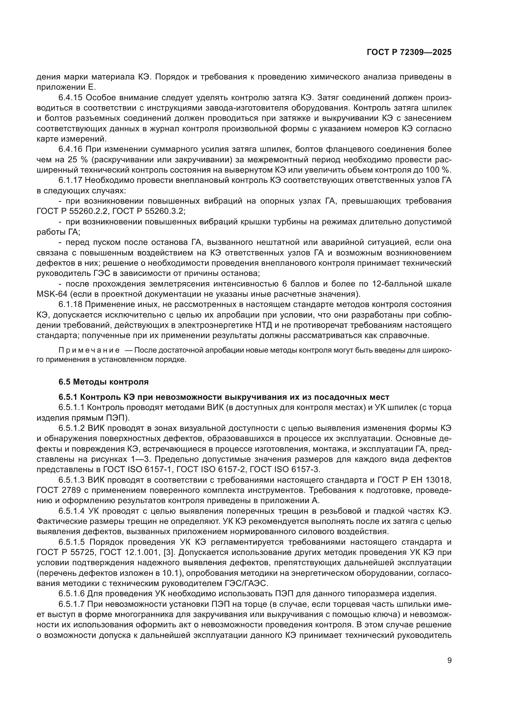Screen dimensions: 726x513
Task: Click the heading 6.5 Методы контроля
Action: (103, 382)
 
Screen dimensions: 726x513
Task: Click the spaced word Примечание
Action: (89, 350)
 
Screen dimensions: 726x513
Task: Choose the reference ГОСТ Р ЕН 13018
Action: (414, 480)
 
